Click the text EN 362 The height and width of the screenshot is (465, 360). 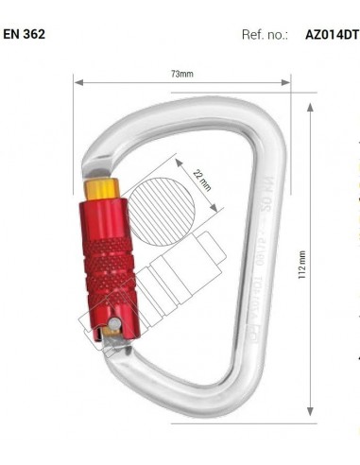pyautogui.click(x=24, y=34)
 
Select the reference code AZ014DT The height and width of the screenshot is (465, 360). pyautogui.click(x=332, y=34)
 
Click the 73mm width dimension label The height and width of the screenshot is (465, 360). pyautogui.click(x=181, y=74)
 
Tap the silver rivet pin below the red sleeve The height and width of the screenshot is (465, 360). pyautogui.click(x=112, y=327)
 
